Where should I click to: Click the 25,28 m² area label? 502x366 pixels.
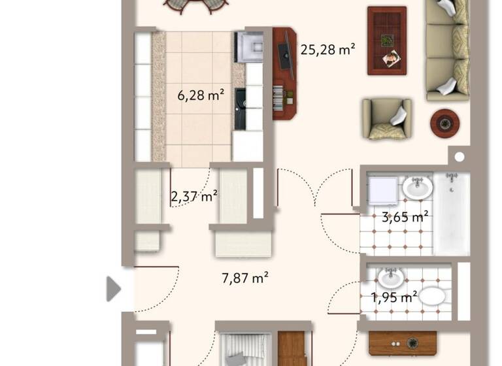327,49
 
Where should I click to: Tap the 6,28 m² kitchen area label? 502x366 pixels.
201,95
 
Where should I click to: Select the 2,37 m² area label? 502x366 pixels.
194,195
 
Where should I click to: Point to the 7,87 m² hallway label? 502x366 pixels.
246,278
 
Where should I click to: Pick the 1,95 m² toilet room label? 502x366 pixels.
393,297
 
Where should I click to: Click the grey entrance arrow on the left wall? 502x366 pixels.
114,288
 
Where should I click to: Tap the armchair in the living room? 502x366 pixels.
387,119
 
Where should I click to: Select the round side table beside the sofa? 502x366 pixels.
445,122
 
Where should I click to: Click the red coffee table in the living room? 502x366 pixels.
386,41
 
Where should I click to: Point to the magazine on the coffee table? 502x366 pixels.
392,59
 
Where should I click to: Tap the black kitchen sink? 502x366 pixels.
239,108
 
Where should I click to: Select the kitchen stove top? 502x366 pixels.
248,46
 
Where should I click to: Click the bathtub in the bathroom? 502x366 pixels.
452,213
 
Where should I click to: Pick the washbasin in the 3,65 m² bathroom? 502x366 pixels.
416,188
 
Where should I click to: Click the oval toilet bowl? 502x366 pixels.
431,297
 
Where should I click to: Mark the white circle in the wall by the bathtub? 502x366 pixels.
460,157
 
